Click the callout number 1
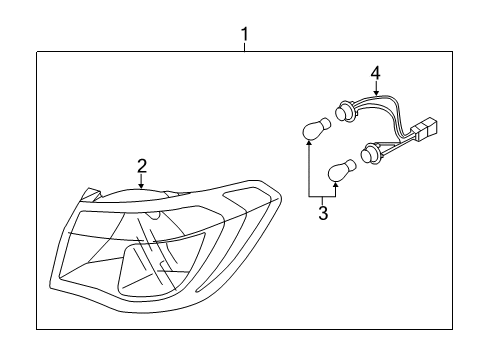245,34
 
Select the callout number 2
142,166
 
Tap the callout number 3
323,213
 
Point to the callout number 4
375,73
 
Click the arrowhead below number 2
142,186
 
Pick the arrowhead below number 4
376,92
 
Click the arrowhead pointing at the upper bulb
309,143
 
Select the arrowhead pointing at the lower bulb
336,185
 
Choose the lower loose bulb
342,170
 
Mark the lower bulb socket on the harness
370,152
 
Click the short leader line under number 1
245,47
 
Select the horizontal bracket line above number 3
322,196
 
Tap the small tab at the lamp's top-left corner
90,194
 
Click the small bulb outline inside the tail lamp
154,214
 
